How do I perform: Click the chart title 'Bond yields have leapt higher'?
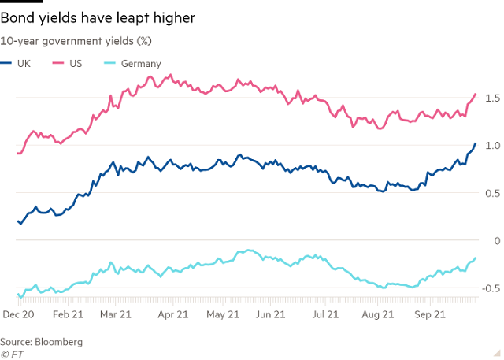(98, 17)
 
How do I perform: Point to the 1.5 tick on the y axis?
(491, 98)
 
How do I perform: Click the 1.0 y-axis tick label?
(491, 146)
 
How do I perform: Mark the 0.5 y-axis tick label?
(491, 193)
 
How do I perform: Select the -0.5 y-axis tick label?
(490, 288)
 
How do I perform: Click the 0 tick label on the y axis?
(495, 241)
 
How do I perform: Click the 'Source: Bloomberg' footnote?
(41, 342)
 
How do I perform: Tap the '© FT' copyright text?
(13, 354)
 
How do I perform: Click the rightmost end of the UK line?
(476, 143)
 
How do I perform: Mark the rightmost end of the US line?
(476, 94)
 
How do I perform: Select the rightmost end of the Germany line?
(476, 258)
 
